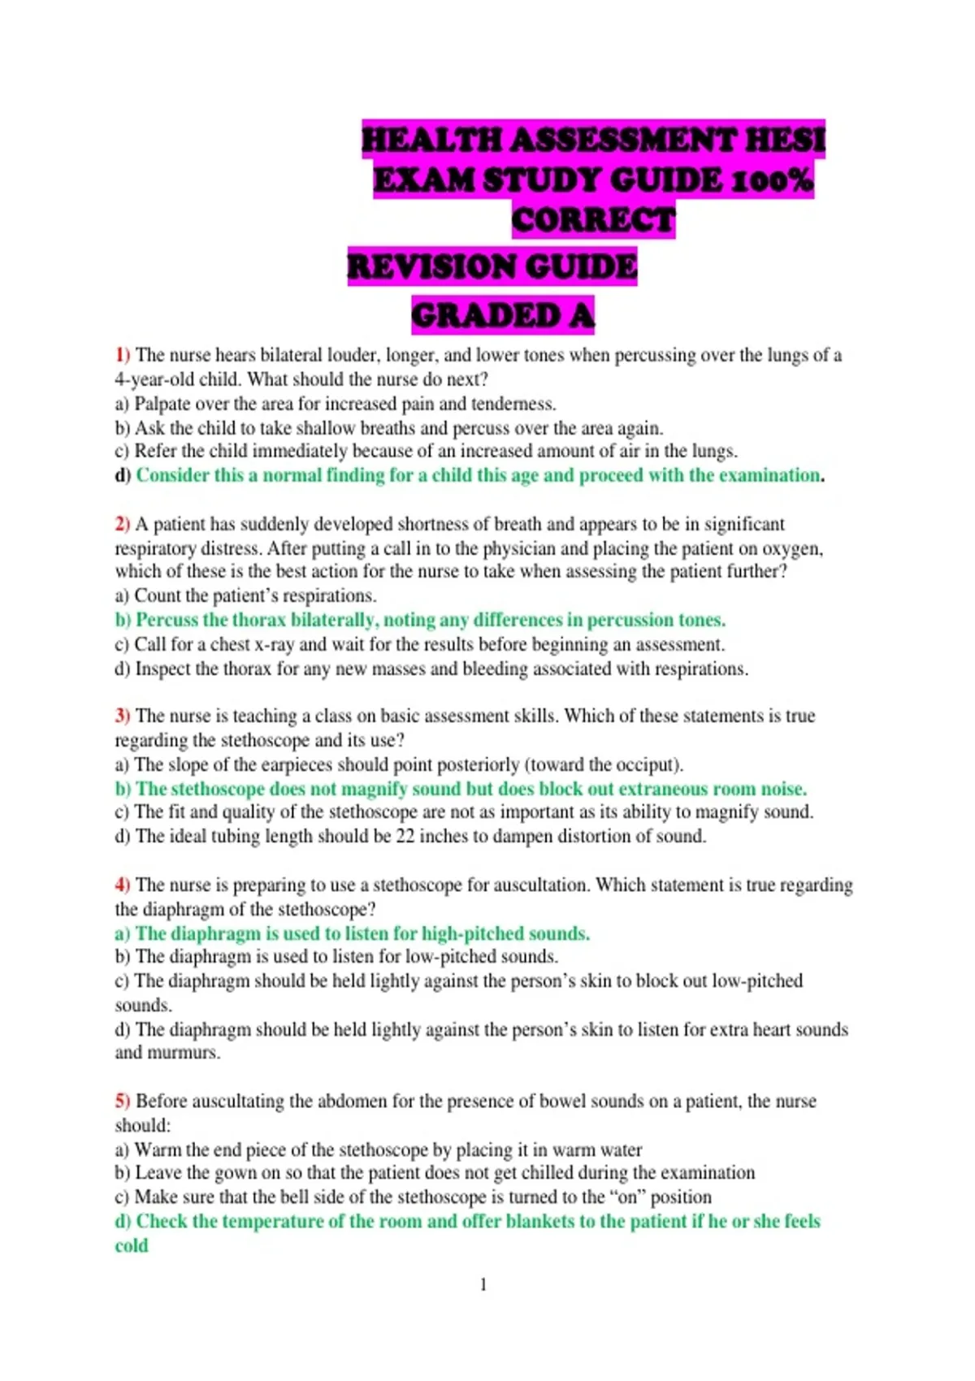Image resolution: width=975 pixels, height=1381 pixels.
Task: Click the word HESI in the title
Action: click(x=784, y=140)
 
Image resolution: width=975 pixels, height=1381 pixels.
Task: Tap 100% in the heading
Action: click(x=771, y=180)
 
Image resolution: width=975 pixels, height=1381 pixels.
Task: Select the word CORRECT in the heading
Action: click(x=593, y=220)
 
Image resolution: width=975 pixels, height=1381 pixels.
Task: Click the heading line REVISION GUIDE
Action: click(x=492, y=267)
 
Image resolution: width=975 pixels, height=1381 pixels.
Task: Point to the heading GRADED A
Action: click(x=503, y=316)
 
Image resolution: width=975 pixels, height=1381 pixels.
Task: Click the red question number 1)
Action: click(x=122, y=355)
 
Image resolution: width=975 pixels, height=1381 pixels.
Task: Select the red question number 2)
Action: click(x=122, y=524)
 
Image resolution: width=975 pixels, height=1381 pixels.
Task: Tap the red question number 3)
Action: click(x=122, y=716)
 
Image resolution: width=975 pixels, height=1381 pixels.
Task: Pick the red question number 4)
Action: click(x=122, y=885)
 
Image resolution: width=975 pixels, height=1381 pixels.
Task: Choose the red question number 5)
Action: click(x=122, y=1101)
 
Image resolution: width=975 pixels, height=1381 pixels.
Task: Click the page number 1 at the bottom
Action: click(x=483, y=1284)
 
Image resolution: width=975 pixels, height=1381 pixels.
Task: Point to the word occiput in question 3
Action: click(x=648, y=764)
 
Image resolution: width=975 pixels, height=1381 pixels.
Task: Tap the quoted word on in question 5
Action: click(x=627, y=1197)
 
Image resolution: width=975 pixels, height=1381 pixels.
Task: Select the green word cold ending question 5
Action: click(x=132, y=1245)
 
